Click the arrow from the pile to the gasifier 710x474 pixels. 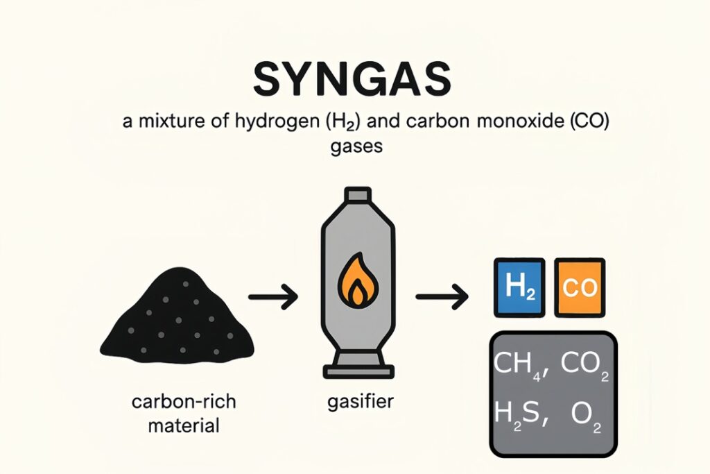[272, 298]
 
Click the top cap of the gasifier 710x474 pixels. [356, 196]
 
